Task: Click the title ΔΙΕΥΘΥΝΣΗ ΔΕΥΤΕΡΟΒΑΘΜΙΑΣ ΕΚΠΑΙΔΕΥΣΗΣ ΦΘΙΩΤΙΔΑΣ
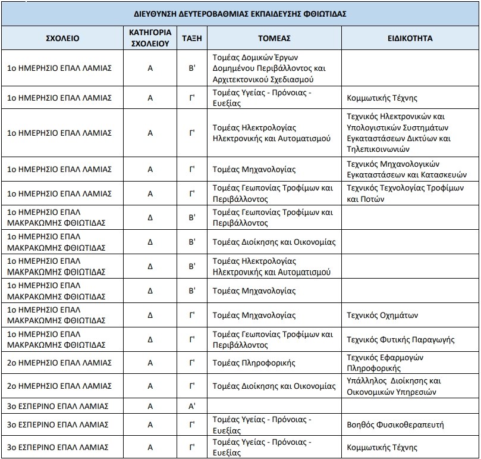(240, 13)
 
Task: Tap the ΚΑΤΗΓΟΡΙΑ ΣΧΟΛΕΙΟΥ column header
(150, 38)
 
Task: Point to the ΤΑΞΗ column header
(192, 38)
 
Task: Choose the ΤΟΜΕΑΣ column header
(274, 38)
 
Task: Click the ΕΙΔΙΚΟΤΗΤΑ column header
(409, 38)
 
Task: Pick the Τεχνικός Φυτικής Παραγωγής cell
(401, 339)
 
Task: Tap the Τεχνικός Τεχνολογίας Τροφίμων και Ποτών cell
(404, 193)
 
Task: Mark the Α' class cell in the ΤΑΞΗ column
(192, 406)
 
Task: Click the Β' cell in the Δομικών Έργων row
(192, 68)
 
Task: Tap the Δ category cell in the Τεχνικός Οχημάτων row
(150, 315)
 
